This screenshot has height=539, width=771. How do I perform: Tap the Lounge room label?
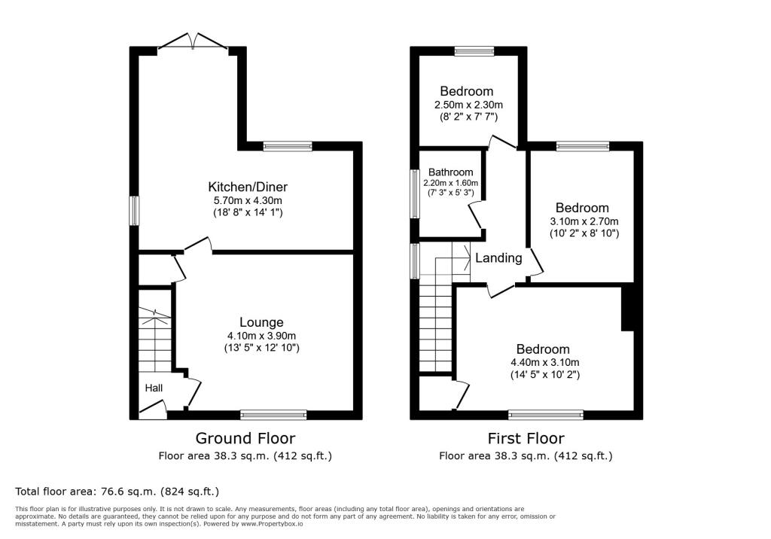point(261,321)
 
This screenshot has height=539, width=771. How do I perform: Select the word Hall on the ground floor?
point(154,388)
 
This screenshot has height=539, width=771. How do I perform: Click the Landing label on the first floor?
point(498,258)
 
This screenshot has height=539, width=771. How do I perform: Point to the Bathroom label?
point(451,172)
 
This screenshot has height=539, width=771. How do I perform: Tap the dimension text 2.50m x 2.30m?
point(468,105)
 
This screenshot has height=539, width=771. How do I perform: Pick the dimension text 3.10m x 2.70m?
point(584,221)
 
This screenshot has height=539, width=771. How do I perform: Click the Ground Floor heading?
point(245,438)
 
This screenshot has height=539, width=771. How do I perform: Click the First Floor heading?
point(526,438)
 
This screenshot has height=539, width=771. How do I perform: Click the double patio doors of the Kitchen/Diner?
point(196,42)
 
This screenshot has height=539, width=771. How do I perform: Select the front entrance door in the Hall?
point(154,410)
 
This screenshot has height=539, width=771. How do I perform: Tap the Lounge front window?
point(273,414)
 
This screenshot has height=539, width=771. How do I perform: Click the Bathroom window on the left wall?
point(414,193)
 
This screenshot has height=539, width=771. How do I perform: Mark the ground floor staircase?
point(155,343)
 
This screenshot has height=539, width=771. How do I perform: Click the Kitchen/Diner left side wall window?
point(134,211)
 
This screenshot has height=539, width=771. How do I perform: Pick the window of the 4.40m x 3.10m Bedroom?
point(545,414)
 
